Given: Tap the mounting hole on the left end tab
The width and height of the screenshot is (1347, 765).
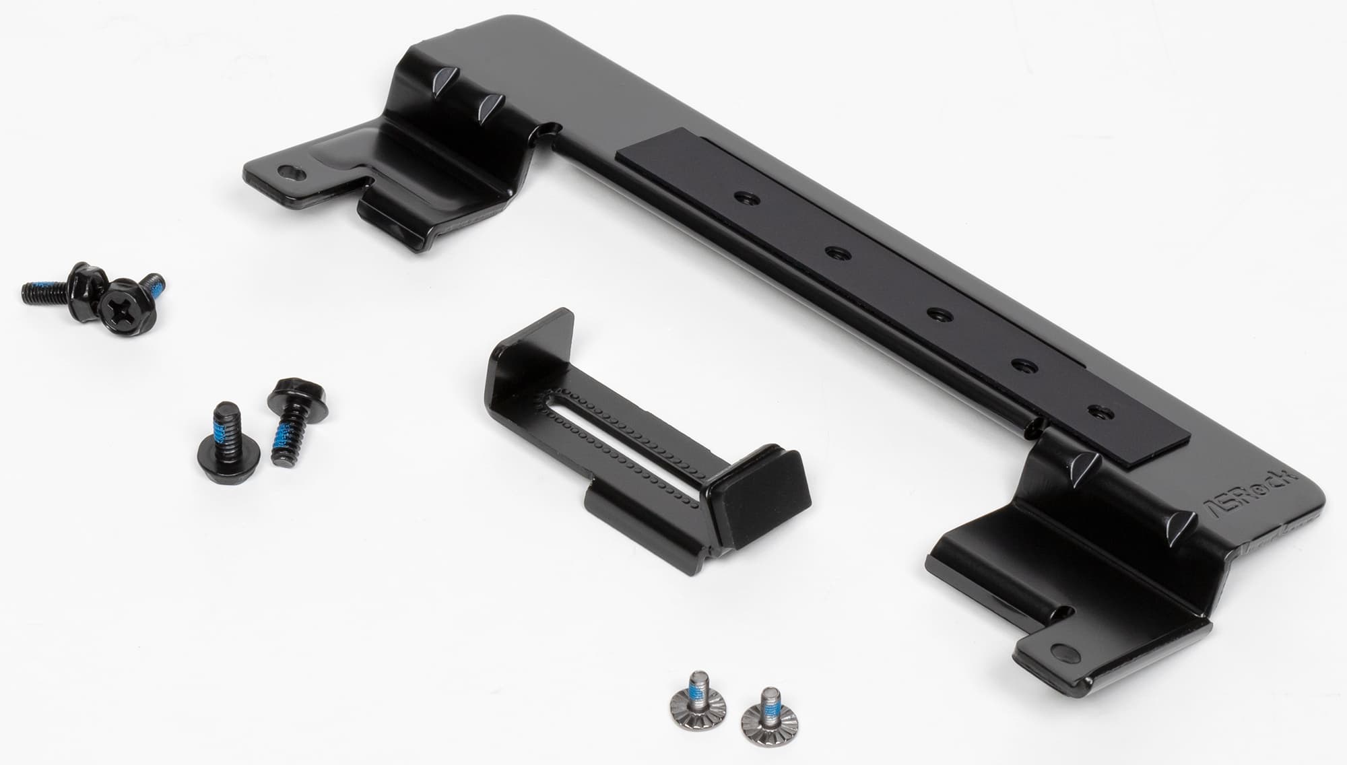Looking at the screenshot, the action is click(290, 172).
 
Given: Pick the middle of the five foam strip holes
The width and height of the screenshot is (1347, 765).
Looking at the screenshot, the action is click(936, 314).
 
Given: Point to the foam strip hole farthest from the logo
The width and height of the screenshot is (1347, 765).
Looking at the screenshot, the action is click(744, 198).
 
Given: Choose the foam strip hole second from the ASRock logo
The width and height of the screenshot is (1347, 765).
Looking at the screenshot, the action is click(1024, 367).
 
